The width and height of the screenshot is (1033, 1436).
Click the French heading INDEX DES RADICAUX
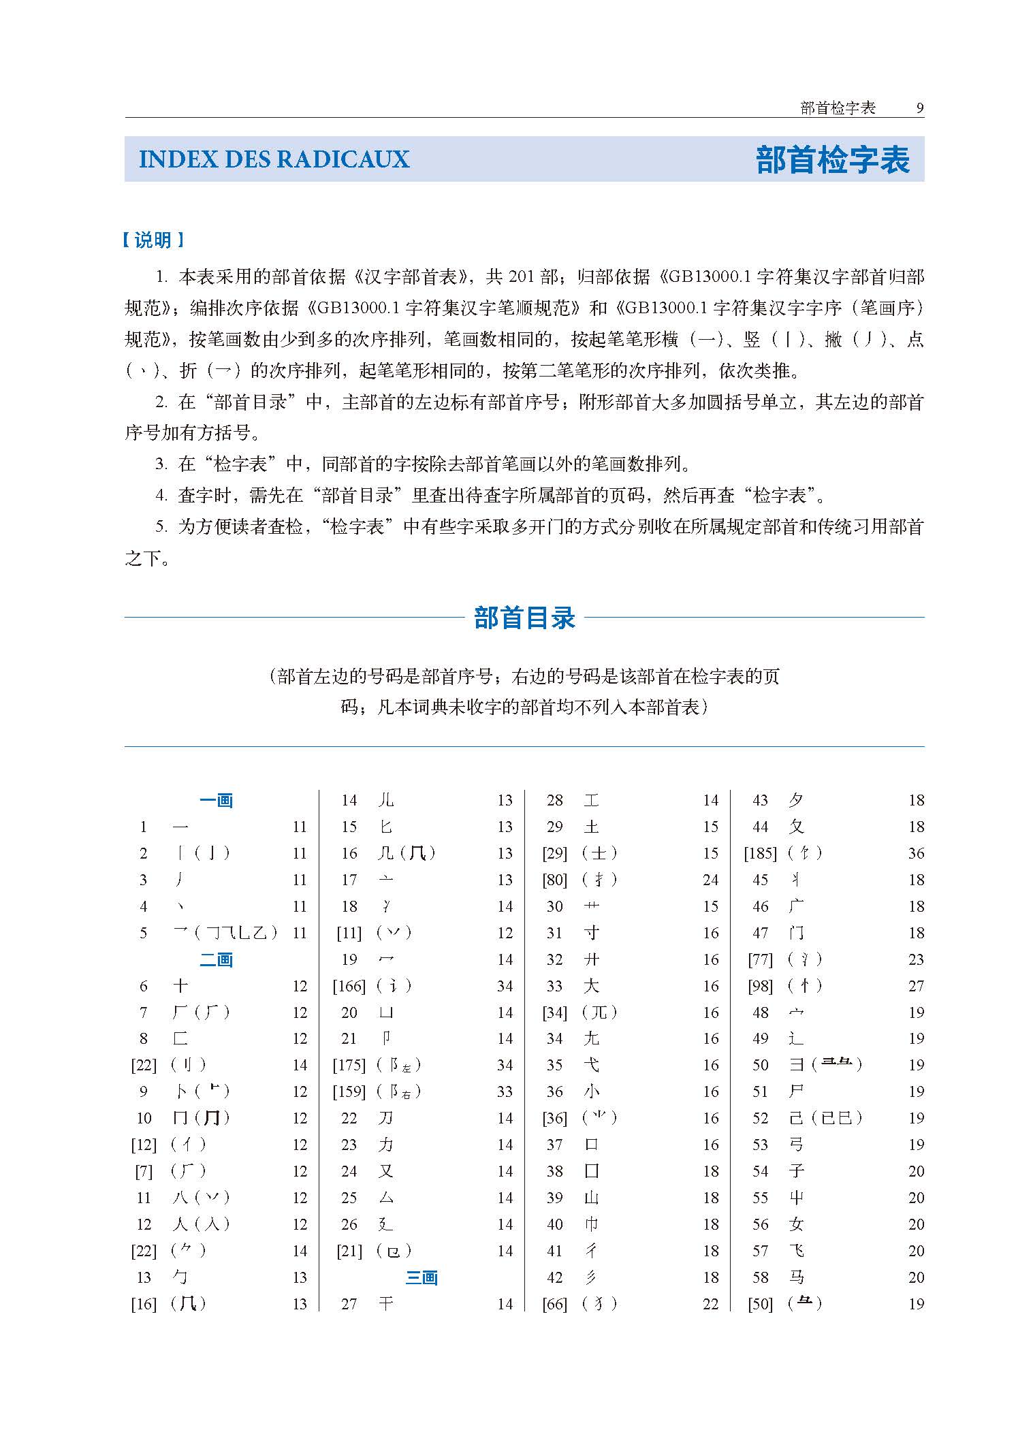274,159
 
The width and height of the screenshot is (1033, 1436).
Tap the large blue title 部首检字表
832,160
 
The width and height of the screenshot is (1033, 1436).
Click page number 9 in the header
919,108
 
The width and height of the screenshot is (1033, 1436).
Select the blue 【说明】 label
154,240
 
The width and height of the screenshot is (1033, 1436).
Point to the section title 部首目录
524,618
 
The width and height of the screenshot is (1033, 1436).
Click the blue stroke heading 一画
217,800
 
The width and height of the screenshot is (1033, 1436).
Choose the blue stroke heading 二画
217,959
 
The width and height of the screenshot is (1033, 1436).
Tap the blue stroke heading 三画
422,1277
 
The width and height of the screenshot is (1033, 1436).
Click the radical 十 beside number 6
180,986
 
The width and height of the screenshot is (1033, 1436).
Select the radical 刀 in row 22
386,1118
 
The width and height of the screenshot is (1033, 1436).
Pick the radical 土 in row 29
591,827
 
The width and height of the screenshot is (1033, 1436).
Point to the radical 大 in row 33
591,986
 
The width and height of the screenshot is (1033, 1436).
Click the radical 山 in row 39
591,1198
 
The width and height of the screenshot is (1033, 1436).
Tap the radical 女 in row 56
796,1224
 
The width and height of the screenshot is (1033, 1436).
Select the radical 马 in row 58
796,1277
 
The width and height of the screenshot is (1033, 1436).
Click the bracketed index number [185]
760,853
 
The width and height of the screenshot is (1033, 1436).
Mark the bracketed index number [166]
349,986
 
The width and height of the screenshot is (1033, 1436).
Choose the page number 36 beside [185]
916,853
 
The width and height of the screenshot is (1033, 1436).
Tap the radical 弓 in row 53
796,1145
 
